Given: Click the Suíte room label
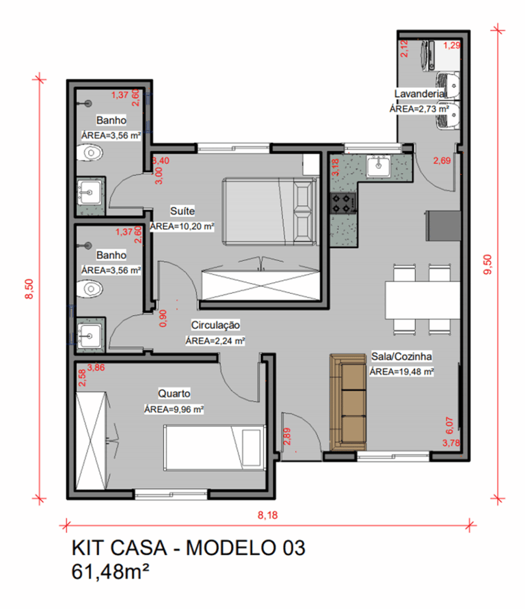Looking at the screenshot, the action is (x=183, y=211).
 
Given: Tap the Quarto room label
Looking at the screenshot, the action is (x=174, y=394).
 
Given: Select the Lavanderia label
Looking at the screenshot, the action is (x=419, y=94).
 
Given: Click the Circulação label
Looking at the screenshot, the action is (x=215, y=325).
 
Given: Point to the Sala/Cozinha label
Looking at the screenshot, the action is (x=401, y=356).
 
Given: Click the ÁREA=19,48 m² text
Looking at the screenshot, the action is (x=401, y=372).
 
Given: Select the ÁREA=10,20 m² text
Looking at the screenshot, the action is (x=182, y=226).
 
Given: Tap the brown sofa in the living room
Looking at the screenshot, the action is (x=348, y=402).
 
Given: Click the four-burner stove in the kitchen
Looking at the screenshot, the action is (x=342, y=203).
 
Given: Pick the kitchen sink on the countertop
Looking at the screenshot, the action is (x=378, y=166).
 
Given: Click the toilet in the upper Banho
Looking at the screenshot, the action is (x=90, y=152).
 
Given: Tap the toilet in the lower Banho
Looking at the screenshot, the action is (x=90, y=289).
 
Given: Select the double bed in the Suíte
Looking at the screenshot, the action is (x=271, y=212).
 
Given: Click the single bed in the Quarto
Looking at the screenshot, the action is (x=215, y=448).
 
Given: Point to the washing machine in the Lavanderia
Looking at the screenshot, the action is (x=440, y=56).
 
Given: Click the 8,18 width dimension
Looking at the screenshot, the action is (x=267, y=515).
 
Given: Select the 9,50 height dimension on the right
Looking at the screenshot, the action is (x=487, y=265).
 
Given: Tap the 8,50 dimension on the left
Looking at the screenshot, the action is (x=29, y=289).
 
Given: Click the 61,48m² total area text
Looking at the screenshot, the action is (x=110, y=571).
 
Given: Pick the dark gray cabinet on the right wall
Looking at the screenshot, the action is (x=443, y=226).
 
